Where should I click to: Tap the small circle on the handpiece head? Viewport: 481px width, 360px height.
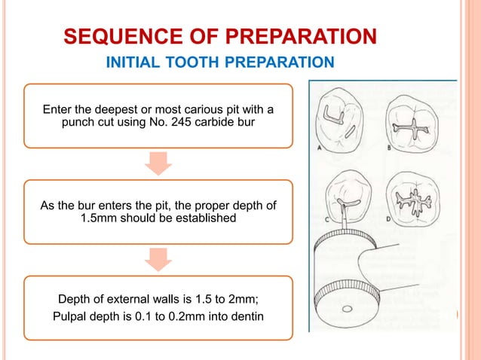(346, 310)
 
